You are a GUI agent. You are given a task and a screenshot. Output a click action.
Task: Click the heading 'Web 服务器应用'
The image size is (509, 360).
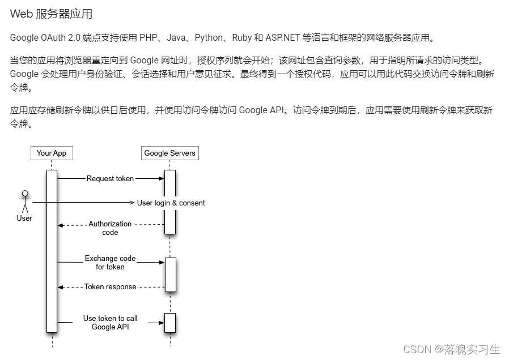[x=51, y=14]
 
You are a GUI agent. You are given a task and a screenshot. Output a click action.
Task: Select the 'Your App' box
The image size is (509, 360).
[x=52, y=153]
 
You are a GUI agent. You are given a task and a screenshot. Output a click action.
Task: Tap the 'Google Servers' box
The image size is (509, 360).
[x=169, y=153]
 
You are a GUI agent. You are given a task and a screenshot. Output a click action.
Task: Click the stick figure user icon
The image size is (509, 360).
[x=24, y=202]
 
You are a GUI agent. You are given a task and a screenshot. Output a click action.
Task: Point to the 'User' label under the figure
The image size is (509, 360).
[x=24, y=218]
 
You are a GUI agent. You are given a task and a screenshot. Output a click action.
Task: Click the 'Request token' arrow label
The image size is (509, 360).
[x=110, y=178]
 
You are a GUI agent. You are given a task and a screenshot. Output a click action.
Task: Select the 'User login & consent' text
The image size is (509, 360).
[x=171, y=203]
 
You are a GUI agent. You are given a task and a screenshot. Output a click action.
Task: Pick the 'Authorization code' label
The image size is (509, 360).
[x=110, y=228]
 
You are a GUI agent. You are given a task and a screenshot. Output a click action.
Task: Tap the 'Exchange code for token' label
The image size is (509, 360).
[x=110, y=263]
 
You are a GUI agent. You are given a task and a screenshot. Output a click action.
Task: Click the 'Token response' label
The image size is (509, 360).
[x=110, y=287]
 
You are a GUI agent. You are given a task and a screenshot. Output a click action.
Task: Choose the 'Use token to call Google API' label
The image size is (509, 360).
[x=110, y=323]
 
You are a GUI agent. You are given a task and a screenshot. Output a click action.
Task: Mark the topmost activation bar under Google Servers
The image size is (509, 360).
[x=170, y=202]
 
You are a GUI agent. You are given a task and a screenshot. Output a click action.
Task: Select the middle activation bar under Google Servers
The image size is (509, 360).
[x=170, y=275]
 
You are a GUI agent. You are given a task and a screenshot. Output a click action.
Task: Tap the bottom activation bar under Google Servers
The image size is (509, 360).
[x=170, y=323]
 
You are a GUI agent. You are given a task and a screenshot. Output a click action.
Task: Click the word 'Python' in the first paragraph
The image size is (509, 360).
[x=209, y=38]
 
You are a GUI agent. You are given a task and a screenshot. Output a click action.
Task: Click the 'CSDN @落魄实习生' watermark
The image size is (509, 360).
[x=452, y=349]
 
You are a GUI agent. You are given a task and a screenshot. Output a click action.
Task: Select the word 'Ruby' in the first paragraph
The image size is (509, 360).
[x=241, y=38]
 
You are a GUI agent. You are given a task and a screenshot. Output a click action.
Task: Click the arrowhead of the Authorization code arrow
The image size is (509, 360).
[x=60, y=225]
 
